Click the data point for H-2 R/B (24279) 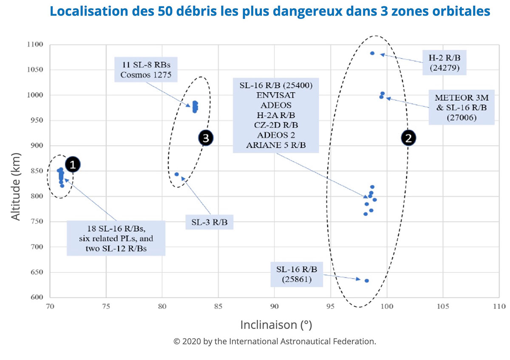click(x=372, y=54)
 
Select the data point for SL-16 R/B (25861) click(x=366, y=281)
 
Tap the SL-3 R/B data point click(x=176, y=174)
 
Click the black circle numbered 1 click(x=73, y=164)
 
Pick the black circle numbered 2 click(x=409, y=138)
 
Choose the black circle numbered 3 click(x=206, y=138)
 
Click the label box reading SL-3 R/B click(x=210, y=222)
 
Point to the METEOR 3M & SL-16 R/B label click(x=461, y=106)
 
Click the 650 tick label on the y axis click(x=36, y=272)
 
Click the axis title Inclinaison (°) click(x=276, y=325)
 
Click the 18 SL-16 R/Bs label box click(x=116, y=238)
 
